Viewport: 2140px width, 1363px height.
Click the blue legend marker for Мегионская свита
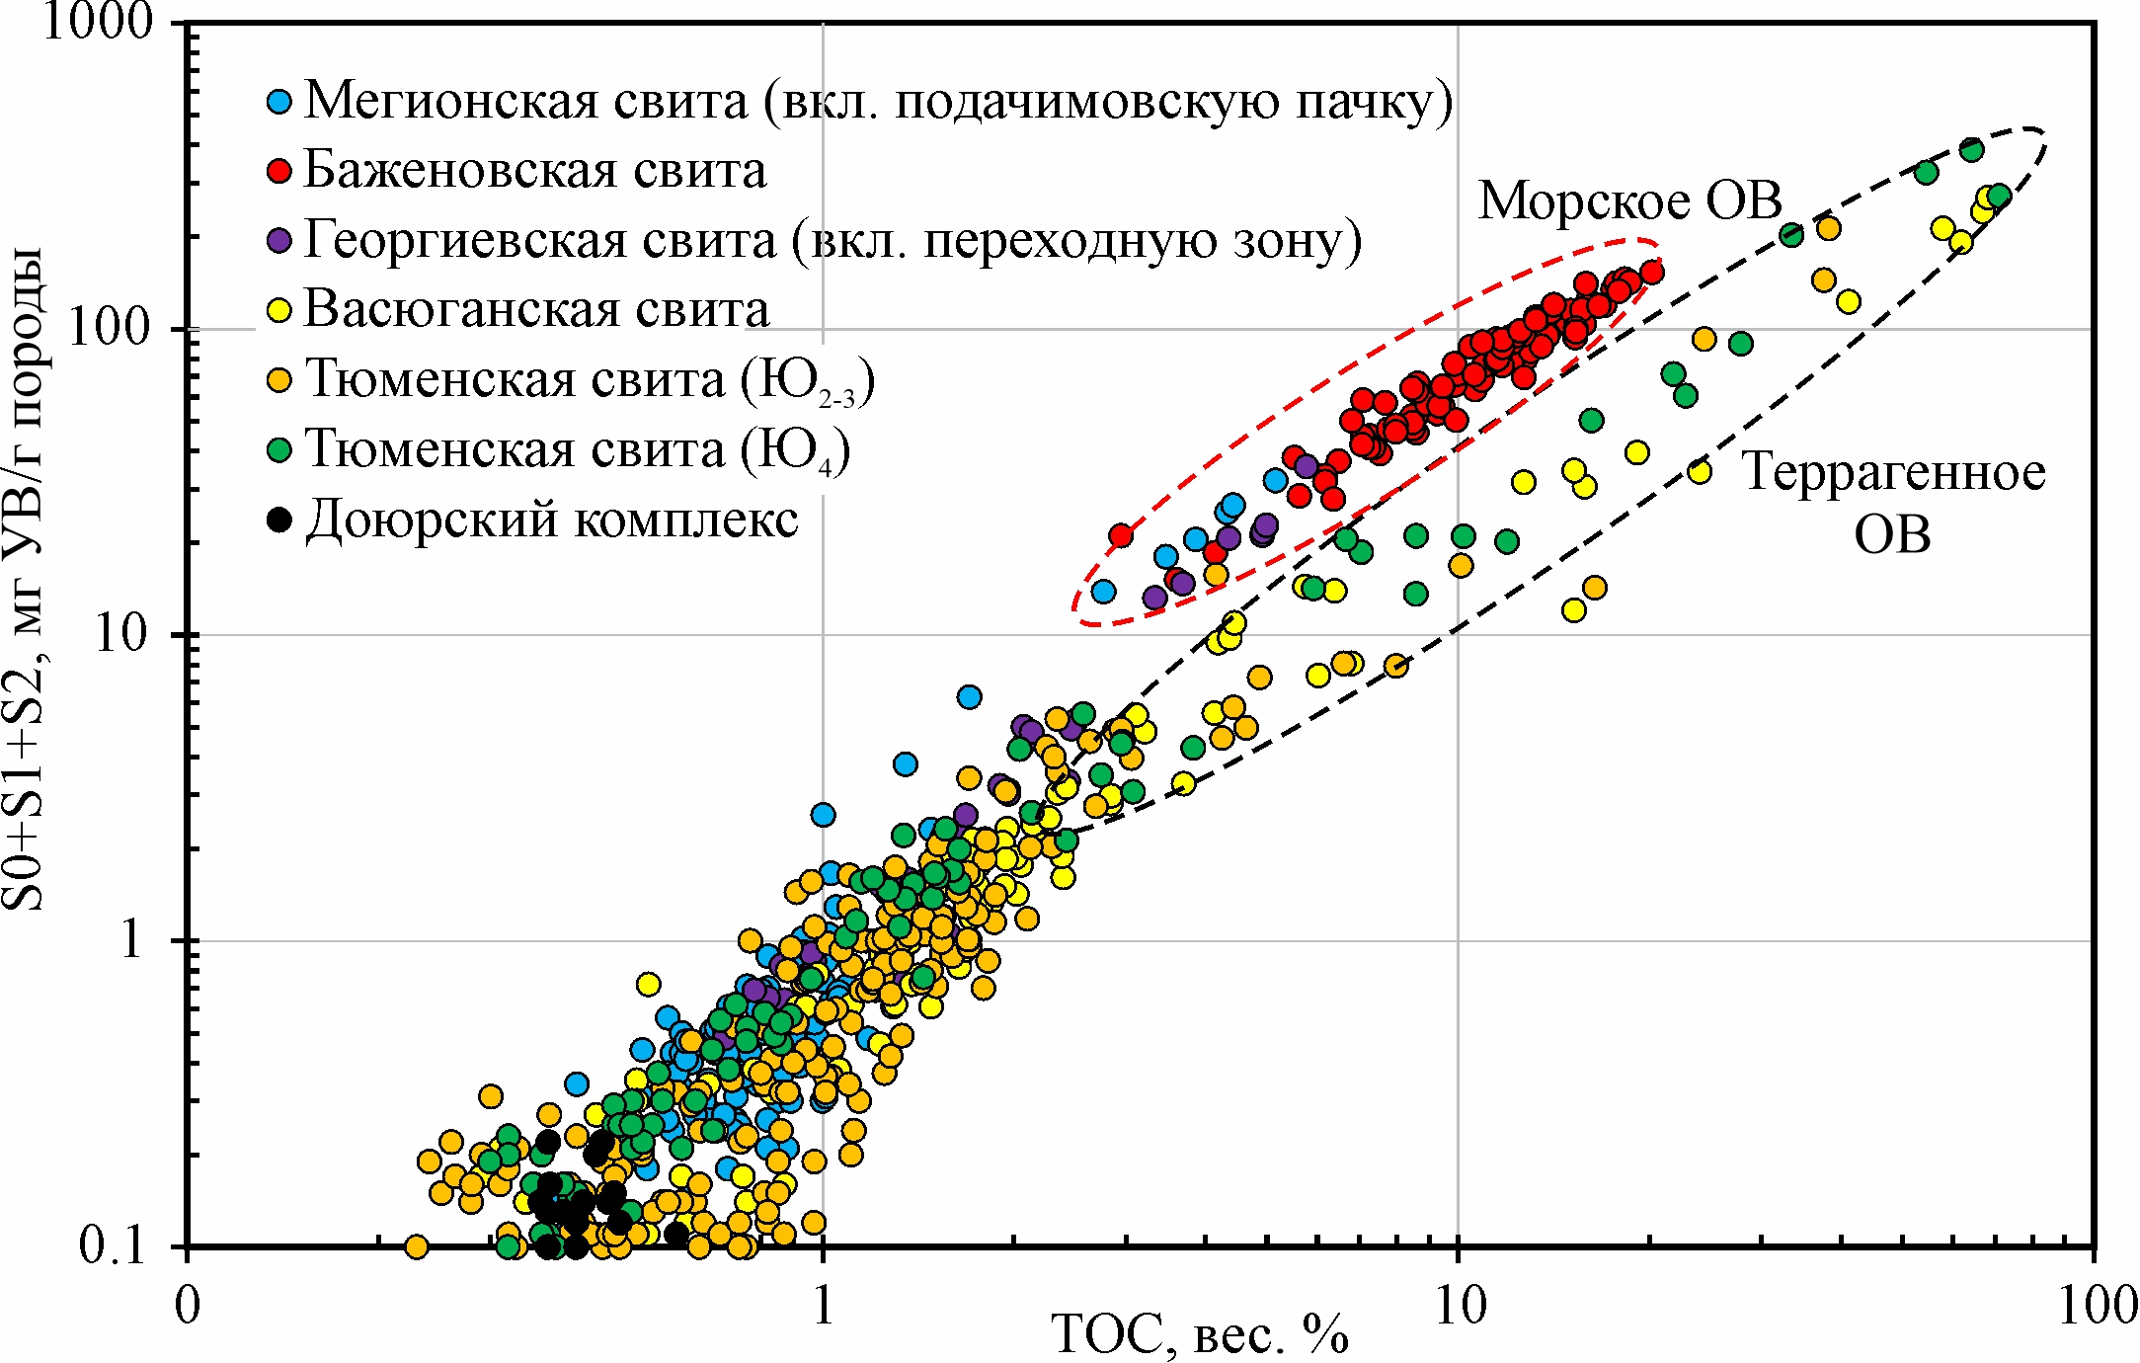click(280, 101)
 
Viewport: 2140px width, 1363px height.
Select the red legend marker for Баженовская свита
click(280, 171)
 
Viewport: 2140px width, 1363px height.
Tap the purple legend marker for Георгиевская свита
click(280, 240)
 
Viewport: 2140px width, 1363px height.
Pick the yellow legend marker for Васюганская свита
click(280, 310)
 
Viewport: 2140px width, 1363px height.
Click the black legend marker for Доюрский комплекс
click(280, 520)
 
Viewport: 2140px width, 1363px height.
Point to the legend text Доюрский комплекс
click(552, 520)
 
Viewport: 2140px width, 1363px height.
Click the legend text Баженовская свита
click(535, 170)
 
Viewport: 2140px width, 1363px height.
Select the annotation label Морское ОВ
click(1630, 200)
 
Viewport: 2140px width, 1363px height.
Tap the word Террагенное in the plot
click(1893, 472)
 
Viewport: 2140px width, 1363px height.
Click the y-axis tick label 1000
click(100, 22)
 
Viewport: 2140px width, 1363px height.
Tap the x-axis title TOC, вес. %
click(1201, 1335)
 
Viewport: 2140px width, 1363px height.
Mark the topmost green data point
click(1972, 150)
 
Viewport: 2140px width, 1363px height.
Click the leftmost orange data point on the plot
click(417, 1246)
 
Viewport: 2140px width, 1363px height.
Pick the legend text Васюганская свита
click(537, 309)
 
